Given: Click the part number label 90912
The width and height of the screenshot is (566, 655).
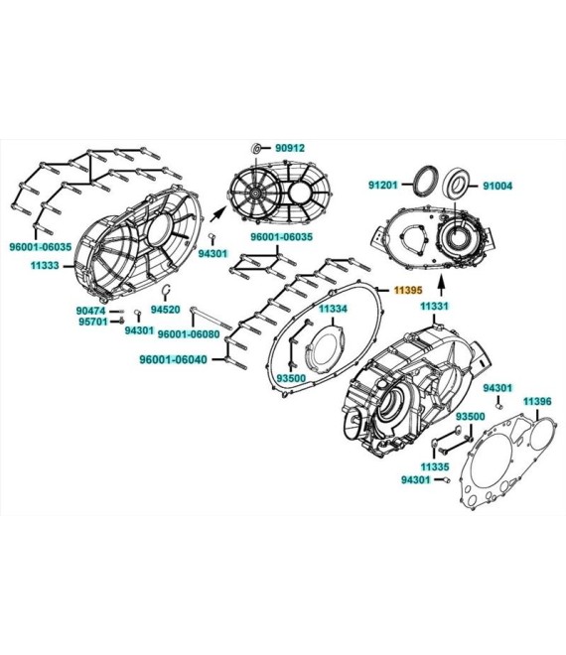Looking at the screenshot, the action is click(x=290, y=148).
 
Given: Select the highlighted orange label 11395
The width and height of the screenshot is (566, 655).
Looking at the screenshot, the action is click(x=408, y=290).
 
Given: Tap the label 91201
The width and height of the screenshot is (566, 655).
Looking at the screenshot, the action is click(x=383, y=185).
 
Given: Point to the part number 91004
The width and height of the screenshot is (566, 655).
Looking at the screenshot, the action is click(x=497, y=186).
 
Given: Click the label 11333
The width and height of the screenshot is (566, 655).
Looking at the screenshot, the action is click(x=45, y=265).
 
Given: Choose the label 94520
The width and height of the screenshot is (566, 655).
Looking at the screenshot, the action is click(x=165, y=310).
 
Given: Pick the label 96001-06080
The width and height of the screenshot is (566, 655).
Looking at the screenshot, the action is click(x=189, y=333).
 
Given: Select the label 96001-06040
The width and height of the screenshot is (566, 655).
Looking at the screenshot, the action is click(x=173, y=359).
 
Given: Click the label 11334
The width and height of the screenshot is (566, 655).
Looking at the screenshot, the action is click(x=334, y=309).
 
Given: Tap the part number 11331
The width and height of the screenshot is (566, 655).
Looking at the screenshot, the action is click(x=434, y=307).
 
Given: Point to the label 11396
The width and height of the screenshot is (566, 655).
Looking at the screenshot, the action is click(x=537, y=402).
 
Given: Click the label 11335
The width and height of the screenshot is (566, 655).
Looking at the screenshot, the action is click(x=435, y=466).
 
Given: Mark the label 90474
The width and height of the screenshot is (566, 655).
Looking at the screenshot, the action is click(x=91, y=311).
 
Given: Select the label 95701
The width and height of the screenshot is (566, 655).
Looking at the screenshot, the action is click(x=92, y=322).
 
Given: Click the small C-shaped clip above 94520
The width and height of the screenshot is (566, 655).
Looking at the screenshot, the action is click(x=166, y=291).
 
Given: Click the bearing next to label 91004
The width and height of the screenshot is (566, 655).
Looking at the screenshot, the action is click(x=458, y=184).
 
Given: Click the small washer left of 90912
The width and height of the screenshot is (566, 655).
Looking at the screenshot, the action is click(x=256, y=148).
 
